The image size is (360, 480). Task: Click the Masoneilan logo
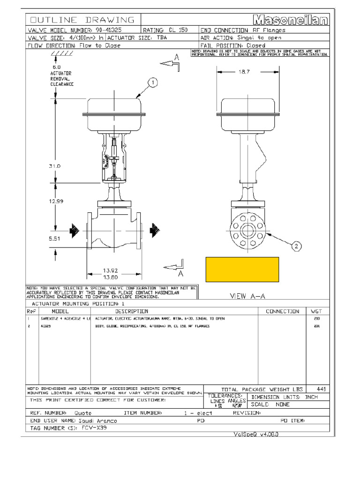[x=292, y=20]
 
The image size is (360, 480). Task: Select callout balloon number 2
[x=296, y=246]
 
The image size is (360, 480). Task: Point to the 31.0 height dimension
[x=55, y=166]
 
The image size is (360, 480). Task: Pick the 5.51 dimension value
[x=55, y=239]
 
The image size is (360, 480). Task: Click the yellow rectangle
[x=242, y=270]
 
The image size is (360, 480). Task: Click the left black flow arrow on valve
[x=74, y=230]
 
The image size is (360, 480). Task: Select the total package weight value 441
[x=321, y=389]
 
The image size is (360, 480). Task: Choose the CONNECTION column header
[x=282, y=311]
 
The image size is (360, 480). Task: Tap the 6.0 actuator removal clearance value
[x=57, y=67]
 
